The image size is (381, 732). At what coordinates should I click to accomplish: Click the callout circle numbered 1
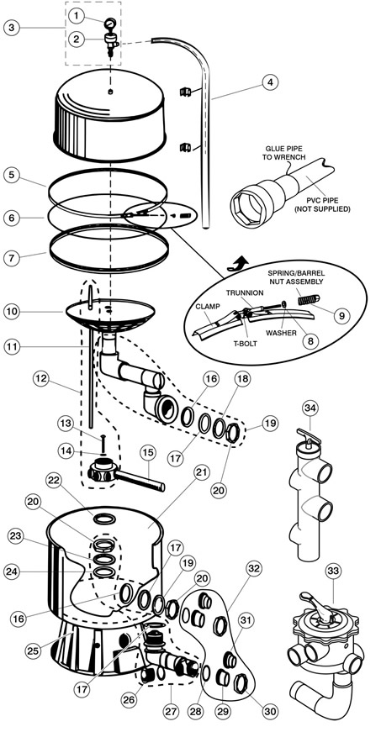tap(76, 16)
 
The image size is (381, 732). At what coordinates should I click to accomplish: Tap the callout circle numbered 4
tap(270, 82)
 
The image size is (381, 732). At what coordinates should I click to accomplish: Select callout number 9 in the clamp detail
tap(342, 316)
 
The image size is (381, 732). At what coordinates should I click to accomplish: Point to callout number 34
tap(310, 408)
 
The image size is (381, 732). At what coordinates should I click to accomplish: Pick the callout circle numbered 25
tap(32, 651)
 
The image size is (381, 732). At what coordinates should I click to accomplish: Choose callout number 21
tap(200, 473)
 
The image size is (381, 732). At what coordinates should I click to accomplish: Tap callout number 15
tap(148, 453)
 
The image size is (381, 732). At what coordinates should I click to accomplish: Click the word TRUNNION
tap(246, 292)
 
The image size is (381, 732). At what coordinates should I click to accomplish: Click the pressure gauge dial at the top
tap(111, 23)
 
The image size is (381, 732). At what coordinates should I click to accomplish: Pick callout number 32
tap(253, 569)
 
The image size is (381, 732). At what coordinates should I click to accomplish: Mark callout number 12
tap(40, 378)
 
